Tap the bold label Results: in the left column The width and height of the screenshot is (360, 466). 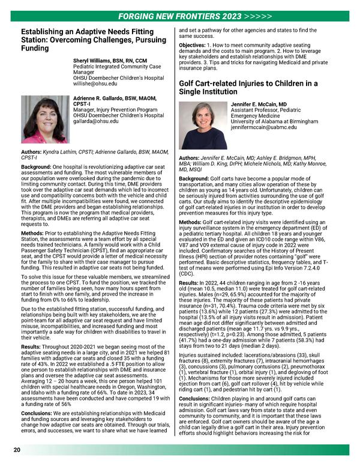click(x=32, y=346)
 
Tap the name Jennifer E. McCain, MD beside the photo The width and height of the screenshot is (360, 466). click(x=260, y=104)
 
